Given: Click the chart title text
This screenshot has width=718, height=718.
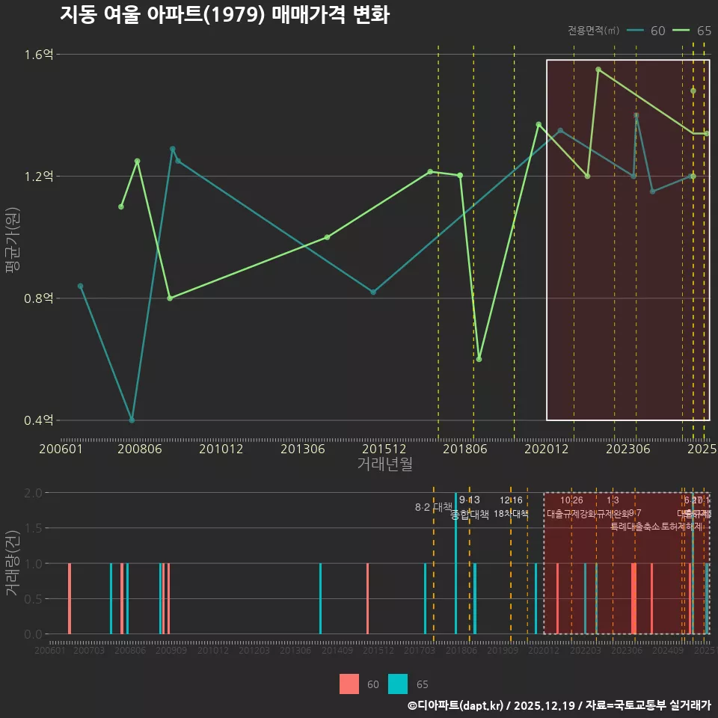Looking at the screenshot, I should (224, 15).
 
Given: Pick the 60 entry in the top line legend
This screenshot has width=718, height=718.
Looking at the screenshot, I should (648, 31).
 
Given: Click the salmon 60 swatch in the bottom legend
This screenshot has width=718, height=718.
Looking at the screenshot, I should (349, 684).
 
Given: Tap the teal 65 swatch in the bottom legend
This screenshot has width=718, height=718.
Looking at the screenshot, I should (399, 684).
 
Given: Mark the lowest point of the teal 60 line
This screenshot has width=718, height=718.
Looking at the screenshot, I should (132, 420).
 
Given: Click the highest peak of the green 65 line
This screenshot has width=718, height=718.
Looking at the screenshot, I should (598, 70).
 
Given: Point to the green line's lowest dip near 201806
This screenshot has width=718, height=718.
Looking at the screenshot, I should (479, 359).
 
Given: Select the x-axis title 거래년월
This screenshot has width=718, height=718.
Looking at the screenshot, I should (384, 464).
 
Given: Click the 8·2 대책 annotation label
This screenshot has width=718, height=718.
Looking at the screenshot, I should (433, 507).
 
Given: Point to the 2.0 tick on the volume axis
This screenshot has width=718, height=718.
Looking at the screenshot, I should (33, 493).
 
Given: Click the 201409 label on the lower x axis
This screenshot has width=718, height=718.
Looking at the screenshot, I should (337, 651).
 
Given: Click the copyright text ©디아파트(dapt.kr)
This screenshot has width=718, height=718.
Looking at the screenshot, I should (456, 705).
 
